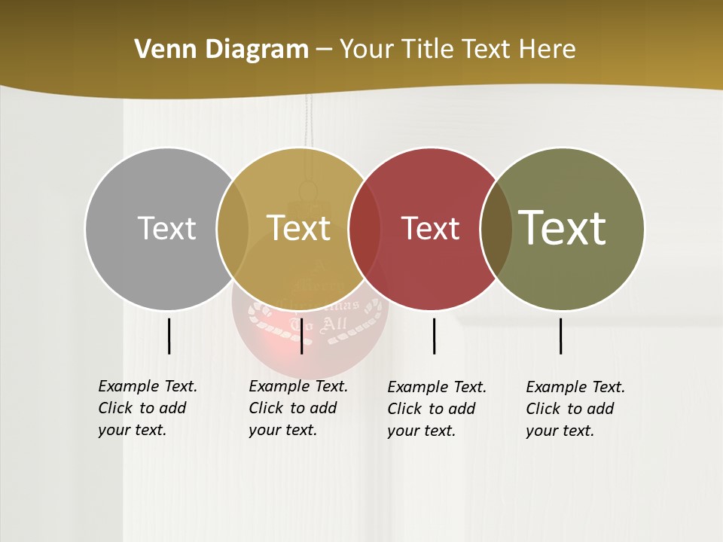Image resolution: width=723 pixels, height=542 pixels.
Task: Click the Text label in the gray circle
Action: coord(166,228)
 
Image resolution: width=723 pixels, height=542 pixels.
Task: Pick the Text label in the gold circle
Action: coord(298,228)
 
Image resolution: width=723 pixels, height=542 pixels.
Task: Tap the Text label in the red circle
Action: coord(430,228)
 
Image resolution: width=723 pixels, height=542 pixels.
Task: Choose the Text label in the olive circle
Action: coord(562,228)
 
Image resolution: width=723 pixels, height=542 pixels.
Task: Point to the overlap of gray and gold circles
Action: coord(233,229)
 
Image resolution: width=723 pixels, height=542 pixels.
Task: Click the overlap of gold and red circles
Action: coord(365,229)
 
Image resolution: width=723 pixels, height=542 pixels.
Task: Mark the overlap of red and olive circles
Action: coord(496,229)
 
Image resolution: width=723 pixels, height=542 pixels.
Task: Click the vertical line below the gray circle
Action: coord(169,336)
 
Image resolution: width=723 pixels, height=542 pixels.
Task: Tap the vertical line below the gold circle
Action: coord(301,336)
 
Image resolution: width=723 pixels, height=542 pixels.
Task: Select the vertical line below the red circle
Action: coord(434,336)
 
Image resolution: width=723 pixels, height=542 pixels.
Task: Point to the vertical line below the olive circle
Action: coord(561,336)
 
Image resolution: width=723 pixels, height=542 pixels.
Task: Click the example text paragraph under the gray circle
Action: coord(148,408)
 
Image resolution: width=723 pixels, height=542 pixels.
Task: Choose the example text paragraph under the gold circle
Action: coord(298,408)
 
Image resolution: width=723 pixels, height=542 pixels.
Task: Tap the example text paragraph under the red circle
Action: coord(437,409)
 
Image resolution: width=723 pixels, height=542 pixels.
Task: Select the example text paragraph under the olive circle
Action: coord(575,409)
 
